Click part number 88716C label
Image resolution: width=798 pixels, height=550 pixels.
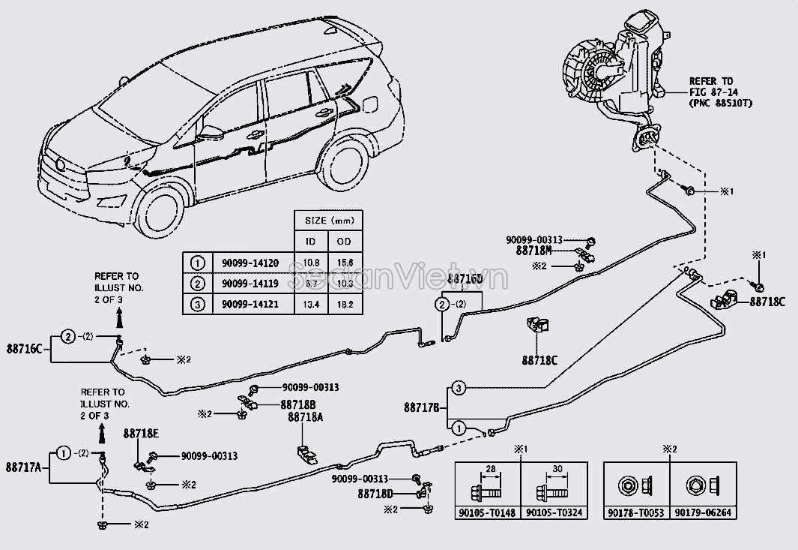(25, 349)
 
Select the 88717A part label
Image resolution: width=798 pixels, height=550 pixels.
(25, 467)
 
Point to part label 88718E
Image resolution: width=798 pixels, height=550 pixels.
(140, 434)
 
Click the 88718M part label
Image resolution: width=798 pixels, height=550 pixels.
(533, 252)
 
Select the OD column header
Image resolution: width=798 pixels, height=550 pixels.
(345, 242)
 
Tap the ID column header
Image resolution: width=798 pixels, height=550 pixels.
(309, 242)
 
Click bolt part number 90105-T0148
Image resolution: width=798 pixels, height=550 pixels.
(488, 513)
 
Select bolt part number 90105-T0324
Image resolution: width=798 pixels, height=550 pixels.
(553, 513)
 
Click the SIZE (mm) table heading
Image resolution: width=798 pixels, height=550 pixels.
(327, 221)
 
